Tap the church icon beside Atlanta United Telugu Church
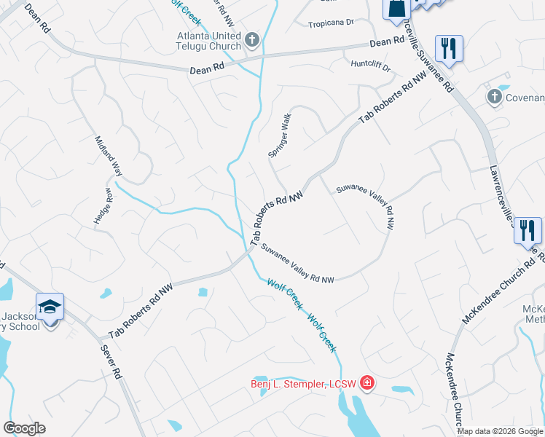point(252,39)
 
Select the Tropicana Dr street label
point(330,23)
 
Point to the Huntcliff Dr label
point(371,66)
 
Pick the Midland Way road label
point(107,154)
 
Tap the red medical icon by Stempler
point(366,382)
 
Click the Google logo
point(25,428)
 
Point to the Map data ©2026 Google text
point(500,431)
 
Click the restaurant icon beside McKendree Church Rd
point(527,230)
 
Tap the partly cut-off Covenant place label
point(525,98)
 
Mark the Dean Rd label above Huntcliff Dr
point(386,43)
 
